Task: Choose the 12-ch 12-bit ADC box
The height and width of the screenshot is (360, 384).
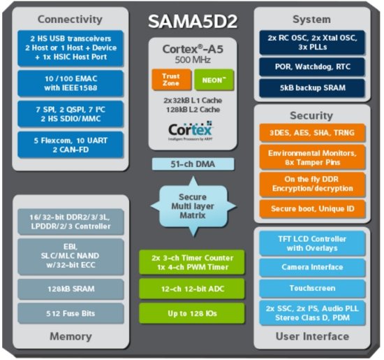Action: coord(191,286)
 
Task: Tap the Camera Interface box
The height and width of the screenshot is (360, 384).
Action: coord(312,267)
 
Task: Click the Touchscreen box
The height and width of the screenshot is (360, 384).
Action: coord(312,288)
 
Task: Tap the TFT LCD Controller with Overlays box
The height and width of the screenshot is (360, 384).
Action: coord(312,243)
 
